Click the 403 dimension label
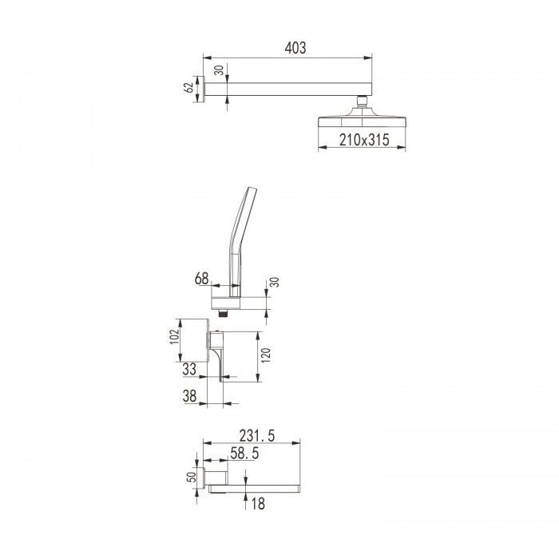point(295,48)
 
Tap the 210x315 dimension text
point(364,140)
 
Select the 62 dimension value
point(188,88)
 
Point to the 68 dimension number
point(201,279)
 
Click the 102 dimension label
point(174,336)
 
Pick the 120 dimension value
point(266,355)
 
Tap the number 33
point(189,369)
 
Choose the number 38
point(189,396)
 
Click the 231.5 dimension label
point(257,436)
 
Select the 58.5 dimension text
point(244,454)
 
